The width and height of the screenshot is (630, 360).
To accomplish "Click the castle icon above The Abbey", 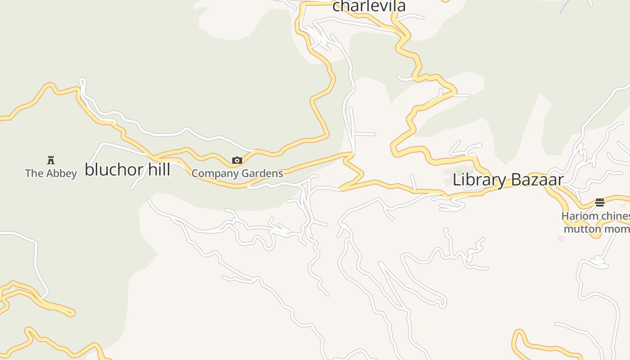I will click(x=51, y=160).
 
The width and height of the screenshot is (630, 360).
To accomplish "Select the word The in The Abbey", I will click(x=34, y=173).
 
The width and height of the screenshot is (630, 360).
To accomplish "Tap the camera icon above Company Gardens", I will click(x=237, y=160).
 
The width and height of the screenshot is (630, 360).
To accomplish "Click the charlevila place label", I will click(x=369, y=6).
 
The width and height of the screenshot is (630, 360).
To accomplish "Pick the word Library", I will click(x=479, y=180).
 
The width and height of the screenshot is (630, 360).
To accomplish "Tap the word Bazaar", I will click(x=537, y=180).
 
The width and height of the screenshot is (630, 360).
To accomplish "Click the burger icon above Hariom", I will click(x=599, y=202).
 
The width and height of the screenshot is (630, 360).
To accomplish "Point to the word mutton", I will click(x=583, y=229).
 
